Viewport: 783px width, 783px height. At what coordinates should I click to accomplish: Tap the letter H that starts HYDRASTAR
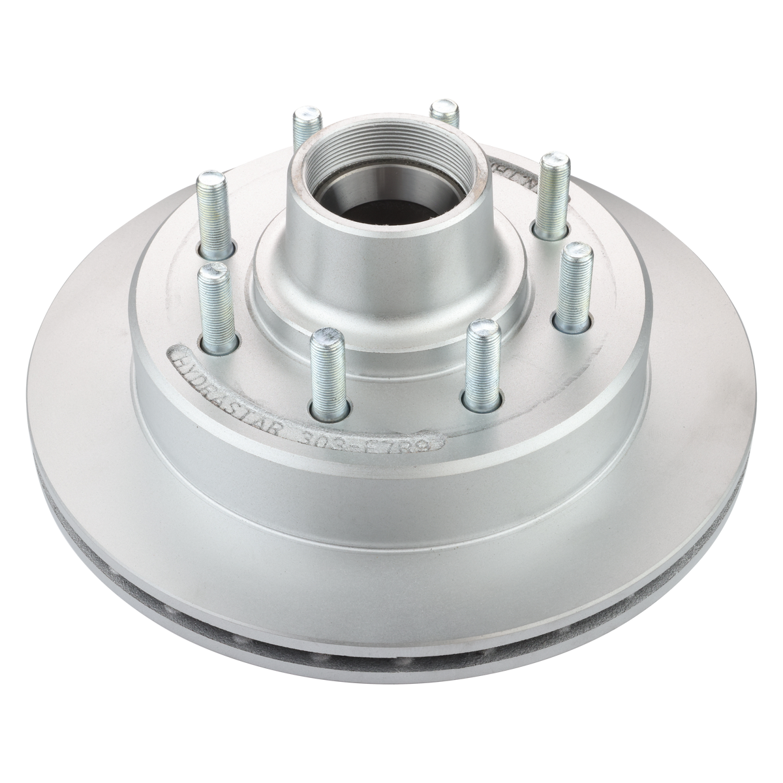pos(178,356)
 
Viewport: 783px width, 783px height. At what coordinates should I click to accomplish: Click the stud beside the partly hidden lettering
pos(552,189)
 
